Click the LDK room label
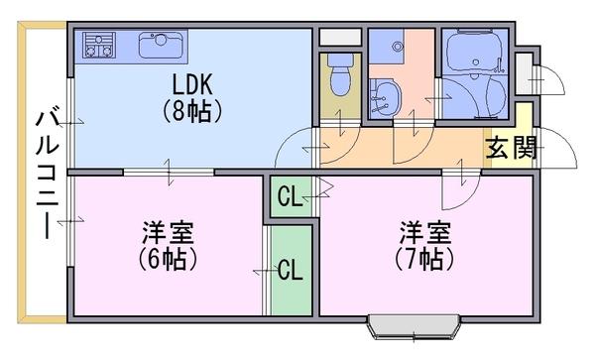point(192,84)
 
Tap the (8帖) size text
point(192,111)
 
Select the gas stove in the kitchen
point(99,46)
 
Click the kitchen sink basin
point(161,46)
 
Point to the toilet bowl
point(340,74)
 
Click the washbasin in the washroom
point(386,97)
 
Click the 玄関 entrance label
point(512,148)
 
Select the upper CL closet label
point(290,197)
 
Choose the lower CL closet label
point(290,270)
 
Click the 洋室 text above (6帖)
point(168,232)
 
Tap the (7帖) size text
point(424,260)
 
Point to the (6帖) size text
point(168,260)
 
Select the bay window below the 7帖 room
point(414,326)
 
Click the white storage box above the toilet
point(339,37)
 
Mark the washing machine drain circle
point(398,47)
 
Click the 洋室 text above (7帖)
point(425,232)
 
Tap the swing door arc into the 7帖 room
point(467,198)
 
